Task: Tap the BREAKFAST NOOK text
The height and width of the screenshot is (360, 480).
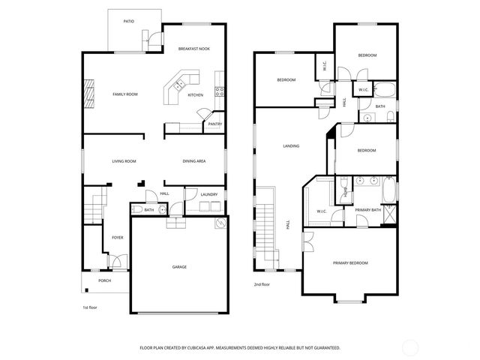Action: (193, 49)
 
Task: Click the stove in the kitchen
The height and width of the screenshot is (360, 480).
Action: (220, 92)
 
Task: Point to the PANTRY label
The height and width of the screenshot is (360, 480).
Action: (214, 124)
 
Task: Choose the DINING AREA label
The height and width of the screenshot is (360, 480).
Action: (195, 161)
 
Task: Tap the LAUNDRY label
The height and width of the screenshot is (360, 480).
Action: (209, 195)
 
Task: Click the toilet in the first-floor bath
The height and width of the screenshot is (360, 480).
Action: (138, 210)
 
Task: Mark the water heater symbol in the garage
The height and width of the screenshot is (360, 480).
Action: (220, 223)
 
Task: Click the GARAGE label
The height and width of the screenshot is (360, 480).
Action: (179, 266)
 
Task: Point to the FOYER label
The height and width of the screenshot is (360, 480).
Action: (118, 237)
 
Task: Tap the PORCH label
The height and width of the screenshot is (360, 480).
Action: (105, 280)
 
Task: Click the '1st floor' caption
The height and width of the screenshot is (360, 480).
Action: (90, 307)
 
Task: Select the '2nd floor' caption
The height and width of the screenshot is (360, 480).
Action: (262, 284)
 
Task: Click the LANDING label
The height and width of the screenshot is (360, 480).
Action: (291, 145)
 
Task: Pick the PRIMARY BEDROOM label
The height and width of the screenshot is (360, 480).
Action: (350, 263)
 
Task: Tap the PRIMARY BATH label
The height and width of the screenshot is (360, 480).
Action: (367, 210)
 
